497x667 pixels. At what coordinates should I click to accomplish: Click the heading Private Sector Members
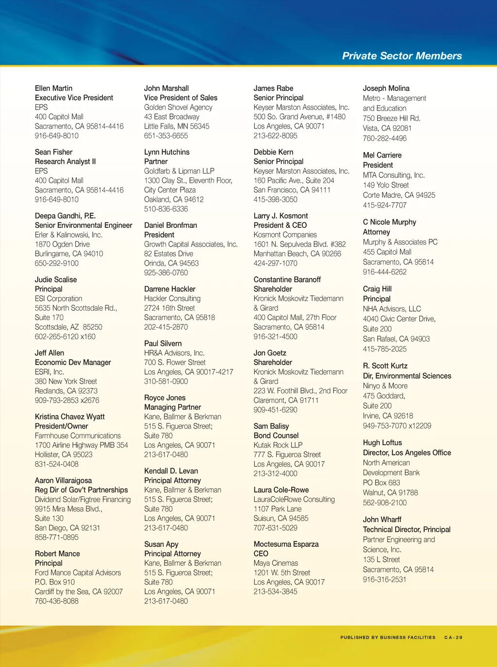pos(402,56)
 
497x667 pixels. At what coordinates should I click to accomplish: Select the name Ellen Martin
pos(53,88)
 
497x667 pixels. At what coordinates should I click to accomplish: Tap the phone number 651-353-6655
pos(166,136)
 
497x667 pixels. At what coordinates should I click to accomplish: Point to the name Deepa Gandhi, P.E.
pos(65,216)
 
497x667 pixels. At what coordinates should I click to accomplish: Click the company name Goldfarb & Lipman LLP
pos(179,171)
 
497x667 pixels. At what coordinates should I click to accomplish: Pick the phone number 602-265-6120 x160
pos(65,336)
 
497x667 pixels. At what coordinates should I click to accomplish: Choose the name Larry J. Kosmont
pos(281,216)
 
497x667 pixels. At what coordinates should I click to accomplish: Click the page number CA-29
pos(453,637)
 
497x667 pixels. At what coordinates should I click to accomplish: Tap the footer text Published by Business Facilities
pos(388,637)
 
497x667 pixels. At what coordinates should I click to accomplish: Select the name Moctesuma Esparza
pos(286,544)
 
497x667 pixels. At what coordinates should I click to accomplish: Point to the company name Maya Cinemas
pos(276,563)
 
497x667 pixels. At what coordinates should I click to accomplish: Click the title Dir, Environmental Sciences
pos(407,376)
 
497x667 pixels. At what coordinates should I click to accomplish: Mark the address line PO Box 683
pos(381,483)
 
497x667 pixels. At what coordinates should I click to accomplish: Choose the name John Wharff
pos(382,520)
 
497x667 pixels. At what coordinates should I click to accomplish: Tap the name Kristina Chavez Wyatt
pos(70,416)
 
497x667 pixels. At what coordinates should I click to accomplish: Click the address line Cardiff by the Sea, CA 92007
pos(79,591)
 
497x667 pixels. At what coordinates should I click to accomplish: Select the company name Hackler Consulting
pos(172,299)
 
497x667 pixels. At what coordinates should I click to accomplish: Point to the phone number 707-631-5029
pos(275,528)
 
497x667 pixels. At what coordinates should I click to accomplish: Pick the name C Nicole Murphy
pos(389,222)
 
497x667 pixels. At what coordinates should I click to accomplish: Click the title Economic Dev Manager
pos(73,362)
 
